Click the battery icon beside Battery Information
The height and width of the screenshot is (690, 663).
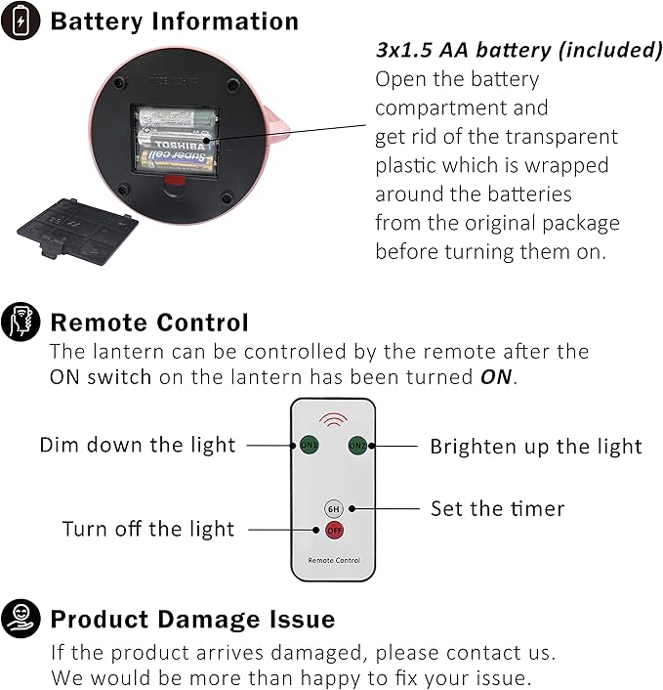(x=21, y=21)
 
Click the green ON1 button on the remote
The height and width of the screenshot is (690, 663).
(x=310, y=446)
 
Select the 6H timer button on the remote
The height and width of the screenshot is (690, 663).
(x=333, y=509)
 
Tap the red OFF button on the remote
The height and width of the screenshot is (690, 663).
(x=334, y=530)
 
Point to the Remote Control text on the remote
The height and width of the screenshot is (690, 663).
(x=334, y=561)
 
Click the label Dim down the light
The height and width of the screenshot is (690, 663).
(x=138, y=446)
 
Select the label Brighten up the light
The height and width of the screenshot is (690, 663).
(x=536, y=447)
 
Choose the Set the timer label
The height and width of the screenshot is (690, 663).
(x=497, y=509)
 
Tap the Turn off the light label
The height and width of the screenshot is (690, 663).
(x=148, y=530)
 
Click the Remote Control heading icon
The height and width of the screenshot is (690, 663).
(x=21, y=322)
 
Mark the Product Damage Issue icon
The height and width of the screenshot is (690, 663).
(x=21, y=619)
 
